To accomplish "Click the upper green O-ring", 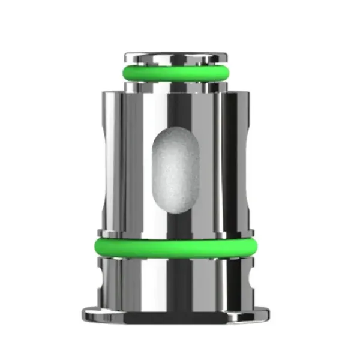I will coord(180,74).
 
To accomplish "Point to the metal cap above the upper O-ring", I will coord(180,58).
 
